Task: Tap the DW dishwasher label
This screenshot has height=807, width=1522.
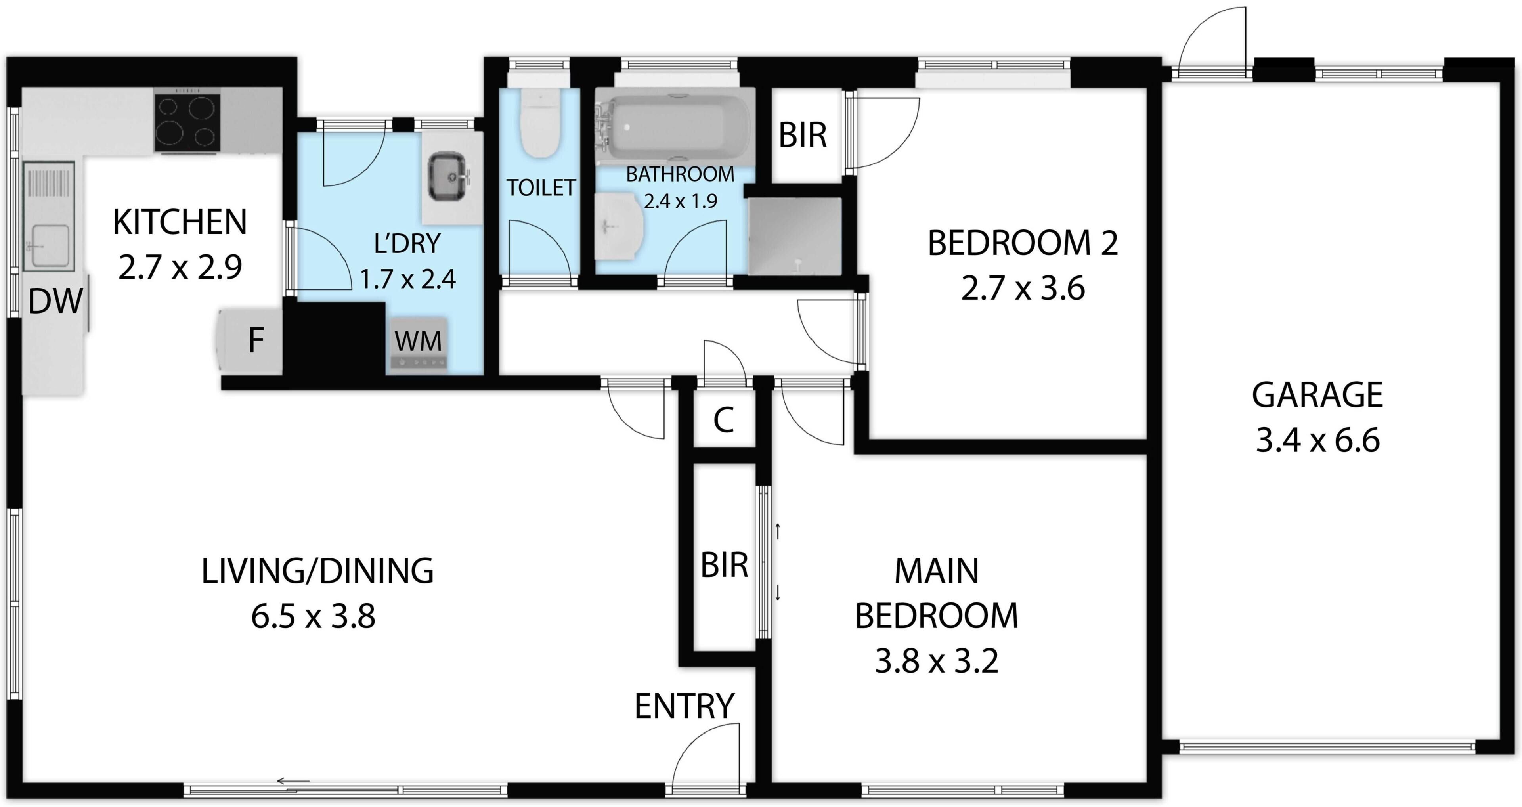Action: pyautogui.click(x=55, y=301)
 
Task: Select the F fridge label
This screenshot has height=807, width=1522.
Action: pyautogui.click(x=256, y=340)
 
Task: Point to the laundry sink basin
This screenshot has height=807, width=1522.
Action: pyautogui.click(x=447, y=176)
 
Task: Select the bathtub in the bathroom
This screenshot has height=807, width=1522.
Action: pyautogui.click(x=675, y=127)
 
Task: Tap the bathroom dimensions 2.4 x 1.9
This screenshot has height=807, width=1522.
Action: pyautogui.click(x=680, y=201)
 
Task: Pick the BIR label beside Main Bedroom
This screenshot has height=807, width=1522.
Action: pyautogui.click(x=725, y=565)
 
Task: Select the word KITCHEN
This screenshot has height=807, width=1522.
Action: pyautogui.click(x=180, y=222)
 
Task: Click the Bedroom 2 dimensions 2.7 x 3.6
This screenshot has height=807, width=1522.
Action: pyautogui.click(x=1023, y=289)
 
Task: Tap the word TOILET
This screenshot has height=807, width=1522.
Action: pyautogui.click(x=541, y=188)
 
